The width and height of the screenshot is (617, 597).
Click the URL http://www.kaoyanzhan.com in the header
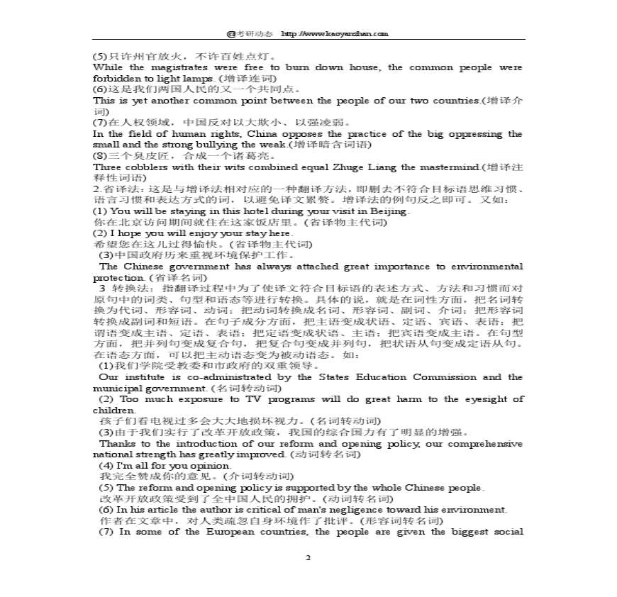pos(335,33)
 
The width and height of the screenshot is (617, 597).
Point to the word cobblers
pos(148,167)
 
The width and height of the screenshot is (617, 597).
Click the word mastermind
pos(449,167)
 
